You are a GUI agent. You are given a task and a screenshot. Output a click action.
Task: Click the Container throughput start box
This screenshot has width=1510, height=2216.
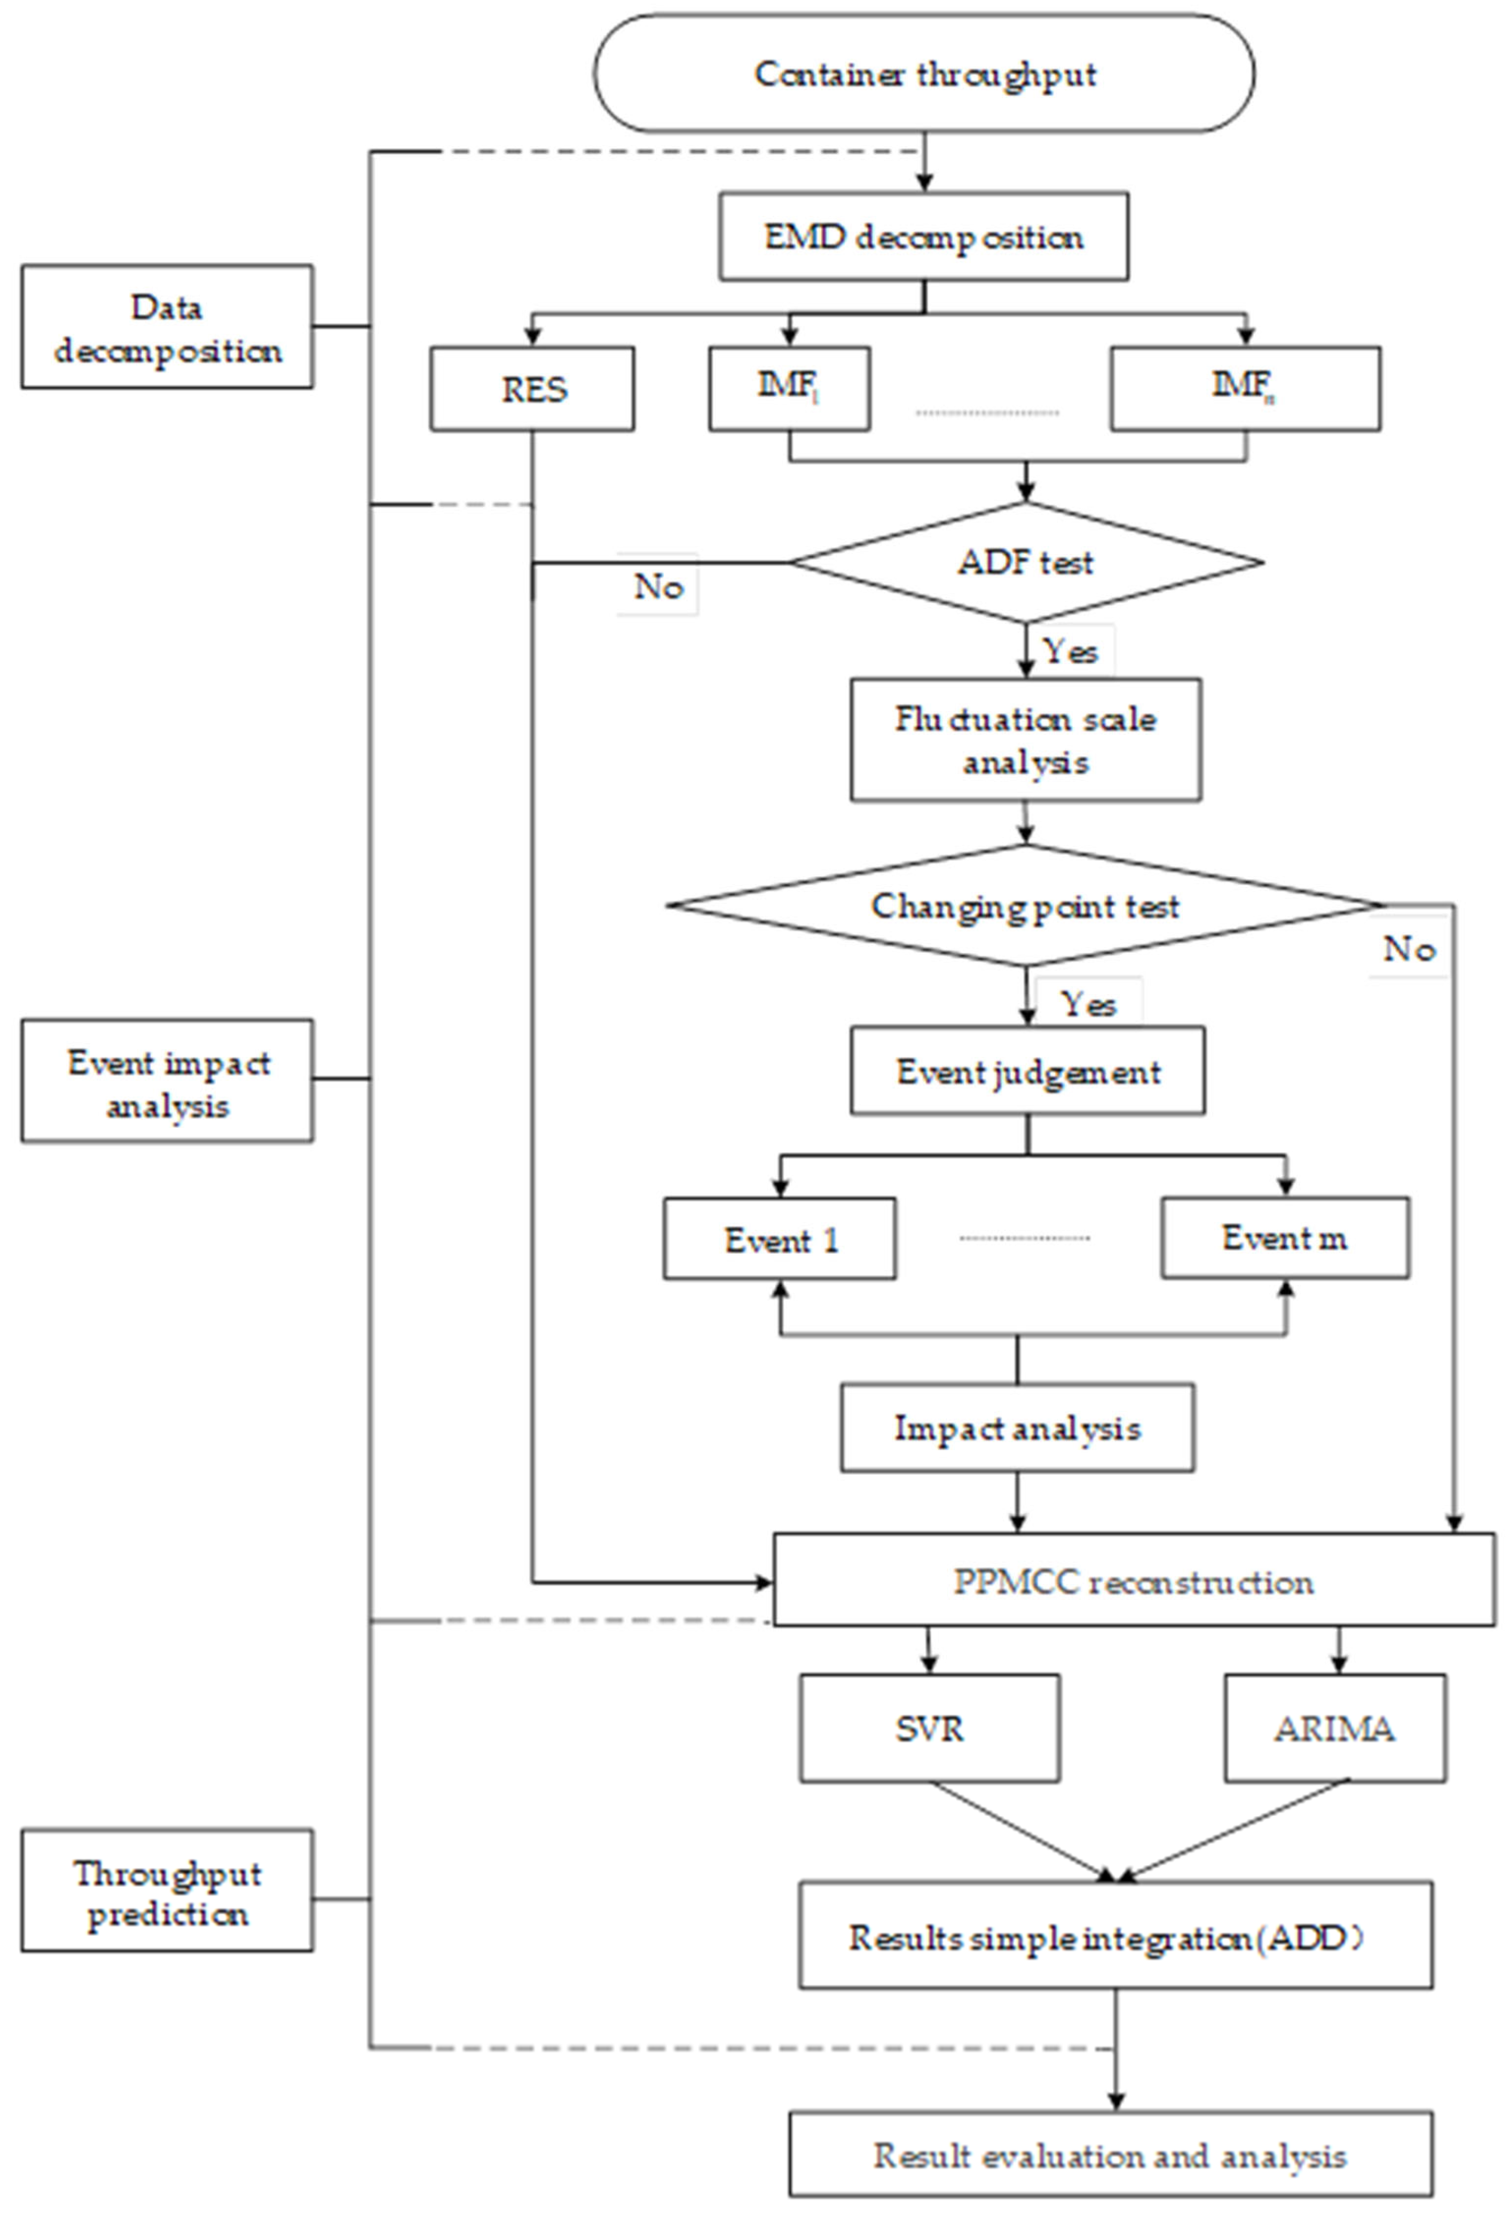[923, 74]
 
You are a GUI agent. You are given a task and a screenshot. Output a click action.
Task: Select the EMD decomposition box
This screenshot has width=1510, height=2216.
[923, 237]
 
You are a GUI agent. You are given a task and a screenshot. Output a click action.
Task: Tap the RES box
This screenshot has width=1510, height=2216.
[532, 389]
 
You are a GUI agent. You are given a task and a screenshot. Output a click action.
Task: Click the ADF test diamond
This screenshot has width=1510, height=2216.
[1025, 562]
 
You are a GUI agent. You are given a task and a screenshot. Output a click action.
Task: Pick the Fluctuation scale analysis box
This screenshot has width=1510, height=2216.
[1025, 740]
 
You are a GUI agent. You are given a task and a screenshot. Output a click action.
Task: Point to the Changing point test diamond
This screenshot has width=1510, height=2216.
[1025, 906]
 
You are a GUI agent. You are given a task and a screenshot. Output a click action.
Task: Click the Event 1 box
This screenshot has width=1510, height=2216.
[779, 1239]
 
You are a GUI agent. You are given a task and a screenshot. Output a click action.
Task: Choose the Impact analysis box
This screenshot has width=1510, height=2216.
[1017, 1428]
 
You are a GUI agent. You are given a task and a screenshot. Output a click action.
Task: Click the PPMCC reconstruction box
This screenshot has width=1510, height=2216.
[1133, 1582]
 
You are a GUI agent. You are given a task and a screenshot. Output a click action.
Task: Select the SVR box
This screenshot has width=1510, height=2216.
[929, 1728]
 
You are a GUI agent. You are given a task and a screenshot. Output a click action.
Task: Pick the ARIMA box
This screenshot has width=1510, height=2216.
[1335, 1728]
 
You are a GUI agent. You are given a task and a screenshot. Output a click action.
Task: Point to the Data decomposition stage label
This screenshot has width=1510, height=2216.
[167, 327]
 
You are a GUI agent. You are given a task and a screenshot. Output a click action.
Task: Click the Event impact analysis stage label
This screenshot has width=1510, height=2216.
[167, 1081]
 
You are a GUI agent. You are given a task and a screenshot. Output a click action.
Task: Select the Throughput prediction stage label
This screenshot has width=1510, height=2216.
[167, 1893]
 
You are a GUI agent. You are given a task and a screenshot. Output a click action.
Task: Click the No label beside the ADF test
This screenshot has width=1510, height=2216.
[658, 585]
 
